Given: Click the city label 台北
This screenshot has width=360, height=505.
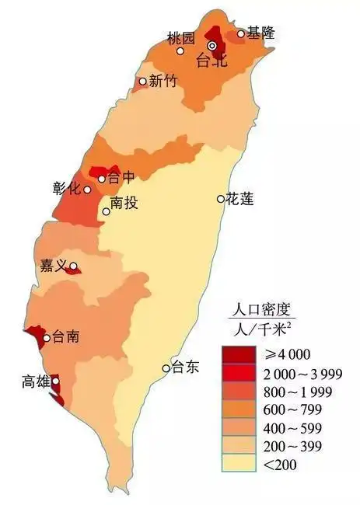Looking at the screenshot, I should [211, 61].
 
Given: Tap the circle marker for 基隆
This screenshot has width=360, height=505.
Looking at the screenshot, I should [240, 33].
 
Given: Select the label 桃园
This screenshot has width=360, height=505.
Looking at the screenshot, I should [180, 37].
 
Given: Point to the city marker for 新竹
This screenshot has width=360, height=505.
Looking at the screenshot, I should [143, 81].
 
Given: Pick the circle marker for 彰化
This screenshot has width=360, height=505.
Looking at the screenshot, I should [87, 190].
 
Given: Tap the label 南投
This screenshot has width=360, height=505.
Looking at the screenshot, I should [124, 204].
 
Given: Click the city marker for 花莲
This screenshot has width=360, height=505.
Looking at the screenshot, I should [220, 199].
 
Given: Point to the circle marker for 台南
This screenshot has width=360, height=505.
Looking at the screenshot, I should [47, 338].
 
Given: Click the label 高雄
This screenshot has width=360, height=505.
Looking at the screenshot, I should [37, 381].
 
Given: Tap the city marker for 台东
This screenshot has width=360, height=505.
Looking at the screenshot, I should [166, 368].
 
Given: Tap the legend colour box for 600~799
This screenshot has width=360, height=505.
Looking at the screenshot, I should [239, 409].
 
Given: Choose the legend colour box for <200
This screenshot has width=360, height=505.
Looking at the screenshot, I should [239, 465].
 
